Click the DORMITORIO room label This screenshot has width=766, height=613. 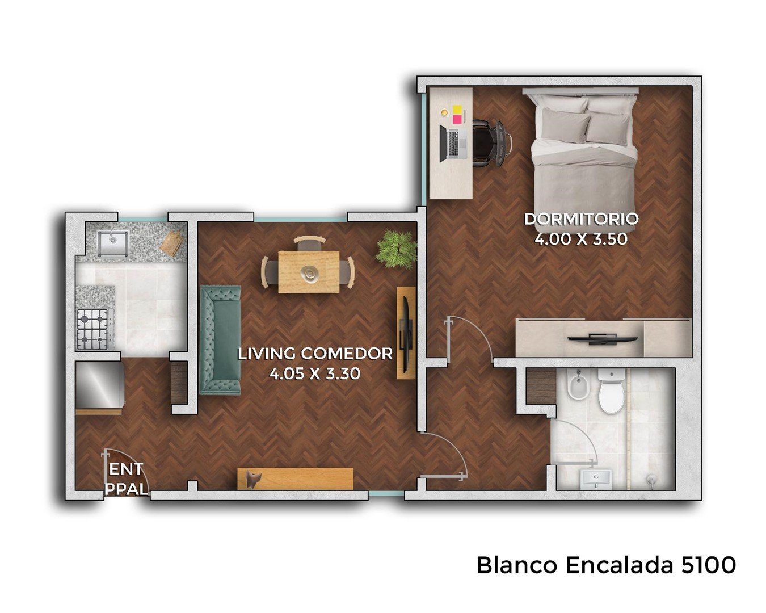pos(581,219)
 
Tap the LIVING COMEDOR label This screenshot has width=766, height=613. pos(315,354)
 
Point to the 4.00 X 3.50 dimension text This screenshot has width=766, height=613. pos(581,239)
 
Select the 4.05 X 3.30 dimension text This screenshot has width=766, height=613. pos(315,373)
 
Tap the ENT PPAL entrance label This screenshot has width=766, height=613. pos(127,480)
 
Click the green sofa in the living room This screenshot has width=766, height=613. pos(221,340)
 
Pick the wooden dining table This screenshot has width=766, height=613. pos(309,272)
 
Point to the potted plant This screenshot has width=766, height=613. pos(397,249)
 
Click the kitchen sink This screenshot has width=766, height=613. pos(113,243)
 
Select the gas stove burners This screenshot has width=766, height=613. pos(93,329)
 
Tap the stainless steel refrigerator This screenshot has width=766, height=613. pos(99,385)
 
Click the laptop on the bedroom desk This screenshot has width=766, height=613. pos(453,143)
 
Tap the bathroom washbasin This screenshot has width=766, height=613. pos(596,479)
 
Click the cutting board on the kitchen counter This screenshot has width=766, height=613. pos(172,242)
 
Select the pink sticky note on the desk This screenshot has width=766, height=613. pos(457,119)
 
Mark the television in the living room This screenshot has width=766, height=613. pos(406,333)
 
